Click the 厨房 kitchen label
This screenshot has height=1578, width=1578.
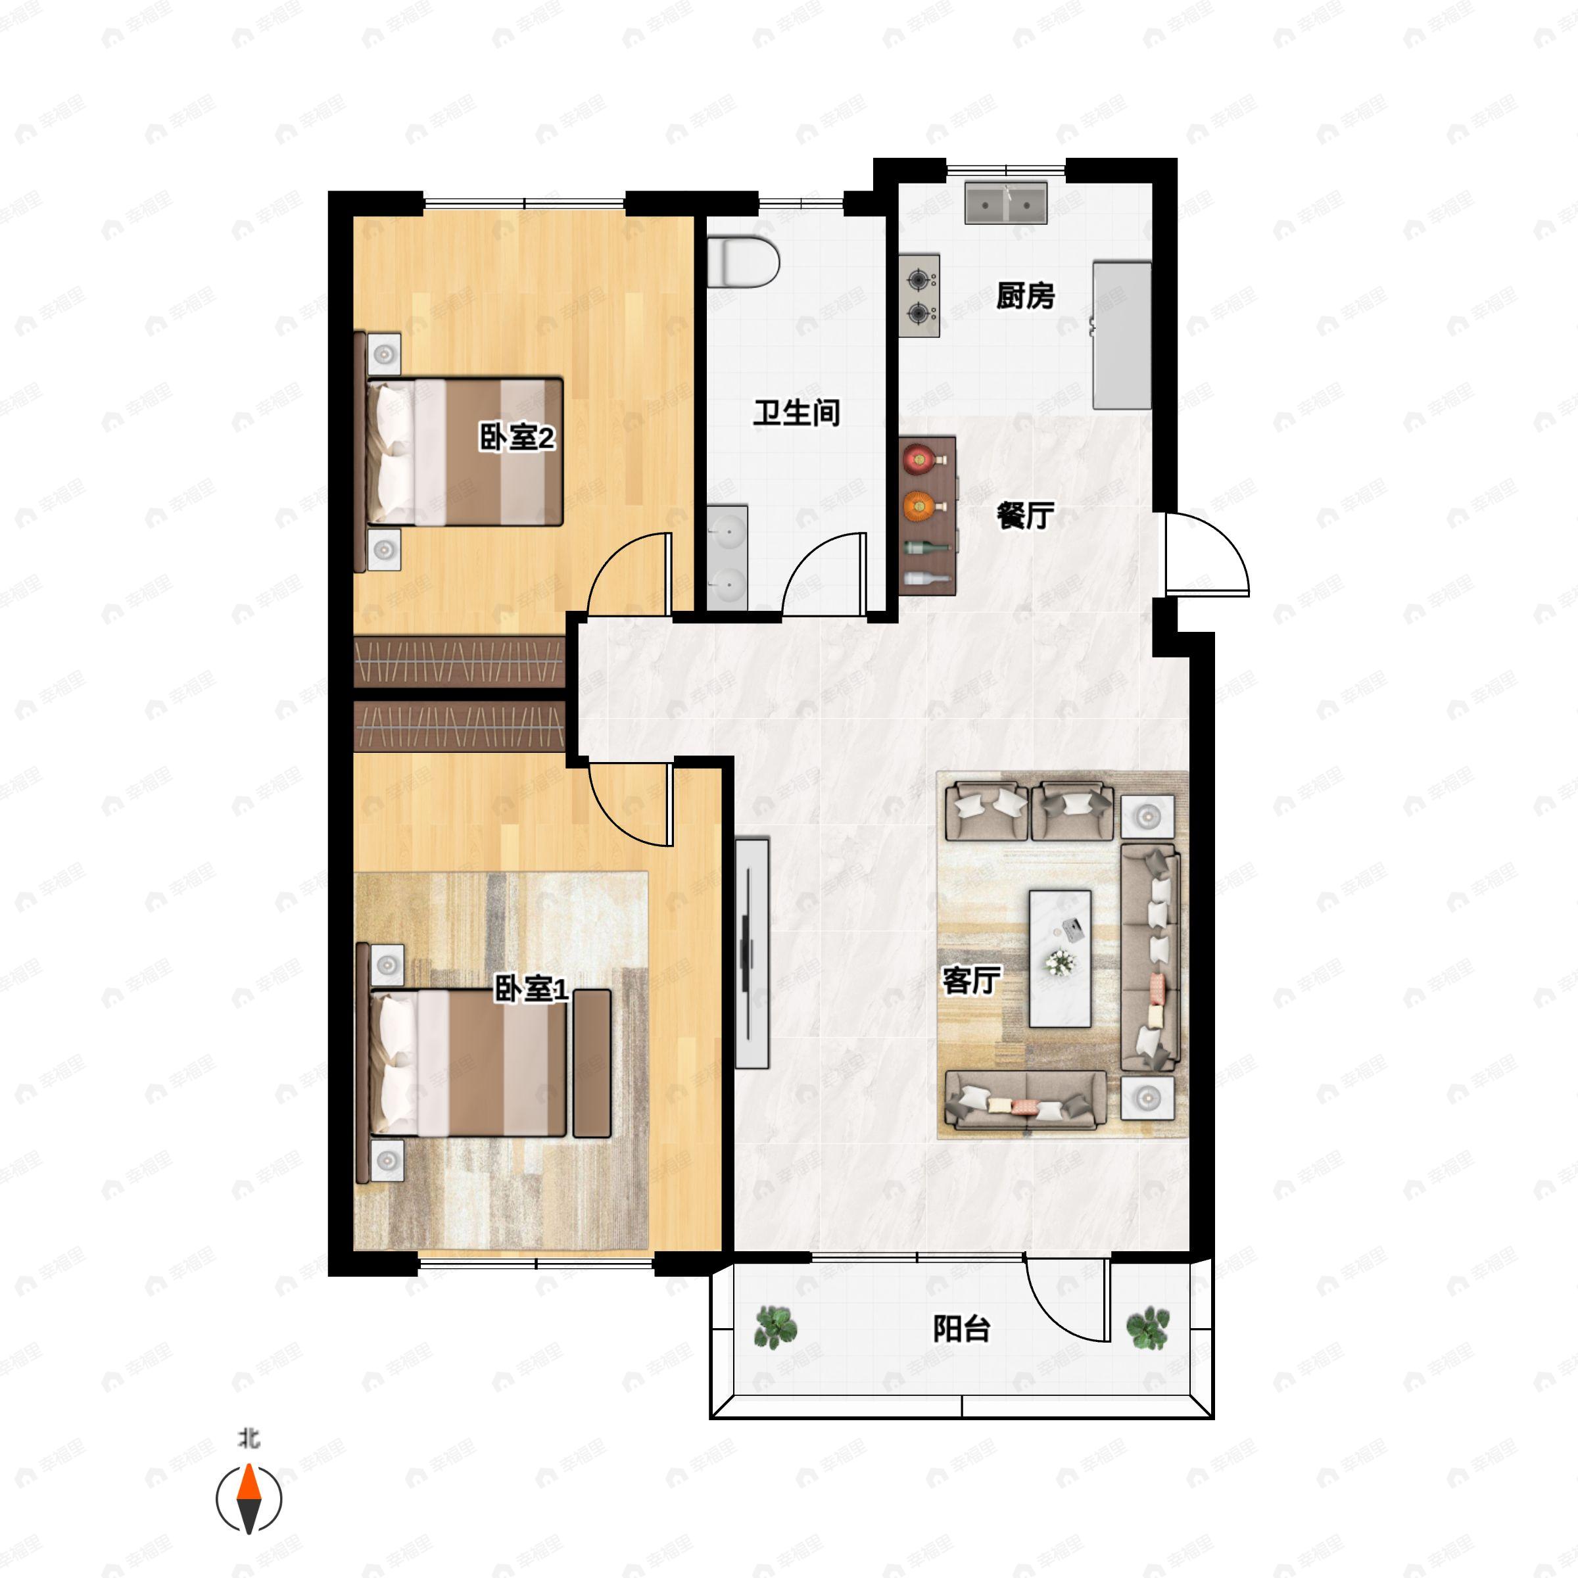tap(1025, 296)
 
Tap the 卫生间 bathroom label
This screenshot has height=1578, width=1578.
tap(796, 414)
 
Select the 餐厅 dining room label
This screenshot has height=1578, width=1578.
tap(1025, 515)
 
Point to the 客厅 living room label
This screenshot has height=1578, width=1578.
tap(971, 981)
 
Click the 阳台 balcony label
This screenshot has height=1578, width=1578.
tap(961, 1329)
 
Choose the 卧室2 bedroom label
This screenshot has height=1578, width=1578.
tap(517, 439)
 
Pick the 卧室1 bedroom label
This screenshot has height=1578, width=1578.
tap(531, 991)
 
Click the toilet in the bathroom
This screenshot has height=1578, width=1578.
tap(742, 262)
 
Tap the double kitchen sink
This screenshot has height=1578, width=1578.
tap(1006, 203)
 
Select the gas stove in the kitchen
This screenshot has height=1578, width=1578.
tap(920, 296)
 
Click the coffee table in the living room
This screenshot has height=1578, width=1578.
tap(1060, 959)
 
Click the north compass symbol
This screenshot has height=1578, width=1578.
tap(249, 1500)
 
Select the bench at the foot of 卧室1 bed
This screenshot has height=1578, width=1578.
tap(592, 1063)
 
